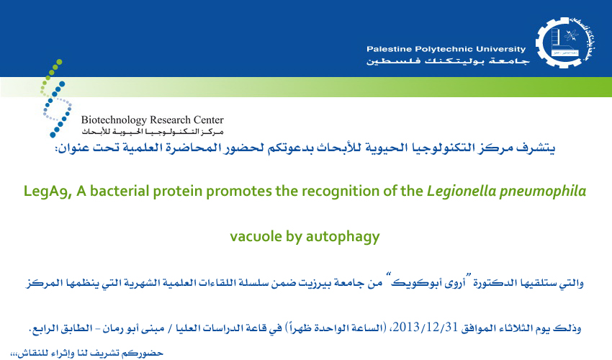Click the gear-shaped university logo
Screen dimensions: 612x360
pos(565,42)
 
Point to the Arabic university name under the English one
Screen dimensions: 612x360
pos(448,61)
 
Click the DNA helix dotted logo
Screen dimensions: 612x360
pos(56,98)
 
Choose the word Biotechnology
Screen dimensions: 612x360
pos(114,120)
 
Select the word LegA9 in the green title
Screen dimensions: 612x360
pos(48,192)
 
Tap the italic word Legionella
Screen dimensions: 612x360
pos(462,192)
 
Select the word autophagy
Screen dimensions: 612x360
pos(343,237)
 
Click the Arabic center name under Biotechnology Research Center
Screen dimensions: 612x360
pos(153,132)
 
